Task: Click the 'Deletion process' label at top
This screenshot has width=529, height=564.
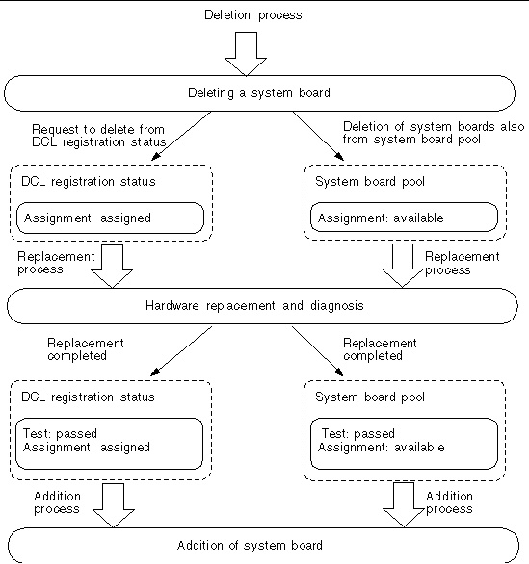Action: pos(253,15)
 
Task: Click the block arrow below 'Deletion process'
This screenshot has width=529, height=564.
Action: pos(246,54)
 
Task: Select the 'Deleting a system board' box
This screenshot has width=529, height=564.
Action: pos(259,93)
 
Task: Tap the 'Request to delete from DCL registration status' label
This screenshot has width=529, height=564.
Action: pos(99,136)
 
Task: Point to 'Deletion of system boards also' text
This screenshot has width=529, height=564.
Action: pos(434,127)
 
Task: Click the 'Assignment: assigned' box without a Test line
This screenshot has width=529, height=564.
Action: pos(110,218)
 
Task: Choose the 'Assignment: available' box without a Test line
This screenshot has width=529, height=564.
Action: pos(404,218)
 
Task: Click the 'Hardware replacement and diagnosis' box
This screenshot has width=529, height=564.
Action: pos(262,306)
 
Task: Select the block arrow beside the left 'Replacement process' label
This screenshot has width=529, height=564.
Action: pos(112,267)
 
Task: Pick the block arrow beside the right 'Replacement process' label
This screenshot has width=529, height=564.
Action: pos(402,266)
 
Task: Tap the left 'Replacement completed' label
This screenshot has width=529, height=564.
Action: pos(86,349)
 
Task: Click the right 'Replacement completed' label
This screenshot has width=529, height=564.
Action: pos(380,349)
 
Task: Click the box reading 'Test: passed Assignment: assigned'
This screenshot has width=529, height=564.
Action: pos(110,444)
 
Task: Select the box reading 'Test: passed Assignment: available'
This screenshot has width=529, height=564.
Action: pos(404,444)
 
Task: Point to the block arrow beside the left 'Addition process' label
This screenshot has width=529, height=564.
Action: pos(114,505)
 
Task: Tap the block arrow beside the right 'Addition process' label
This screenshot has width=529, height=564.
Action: pos(404,504)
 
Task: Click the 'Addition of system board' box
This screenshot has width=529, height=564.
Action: pos(263,546)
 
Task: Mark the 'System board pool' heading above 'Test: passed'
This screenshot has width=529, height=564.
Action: pos(370,397)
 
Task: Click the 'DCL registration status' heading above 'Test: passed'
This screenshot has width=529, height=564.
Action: pos(89,397)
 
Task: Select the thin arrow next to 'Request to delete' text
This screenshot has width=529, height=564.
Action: pos(181,136)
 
